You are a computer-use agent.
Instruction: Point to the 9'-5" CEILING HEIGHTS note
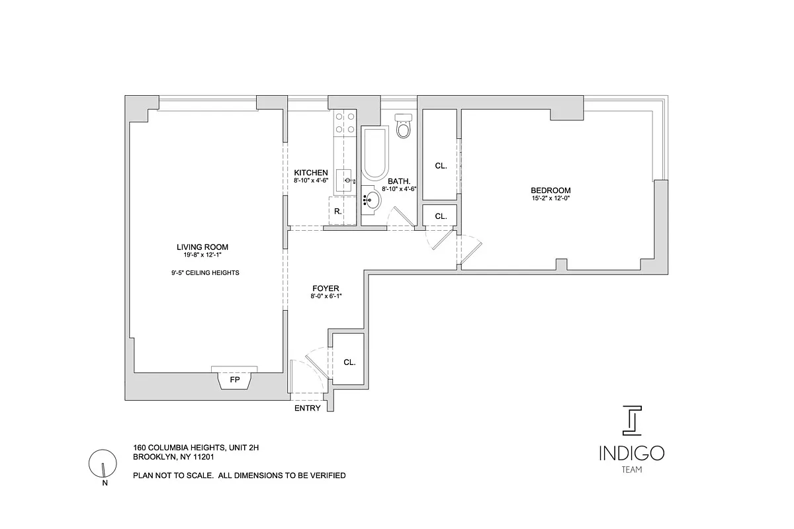205,272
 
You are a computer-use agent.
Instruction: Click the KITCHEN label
311,173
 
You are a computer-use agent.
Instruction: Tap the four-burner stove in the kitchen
345,122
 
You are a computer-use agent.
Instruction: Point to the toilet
402,126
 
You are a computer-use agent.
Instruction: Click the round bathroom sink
371,201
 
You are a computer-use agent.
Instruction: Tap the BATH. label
399,181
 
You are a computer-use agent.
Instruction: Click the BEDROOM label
551,190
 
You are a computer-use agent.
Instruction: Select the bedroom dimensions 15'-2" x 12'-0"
551,198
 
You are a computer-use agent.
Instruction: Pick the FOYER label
326,288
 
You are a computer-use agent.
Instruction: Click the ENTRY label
308,408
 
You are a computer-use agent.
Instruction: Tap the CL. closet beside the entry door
349,362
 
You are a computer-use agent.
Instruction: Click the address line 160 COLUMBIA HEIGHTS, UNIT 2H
196,448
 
